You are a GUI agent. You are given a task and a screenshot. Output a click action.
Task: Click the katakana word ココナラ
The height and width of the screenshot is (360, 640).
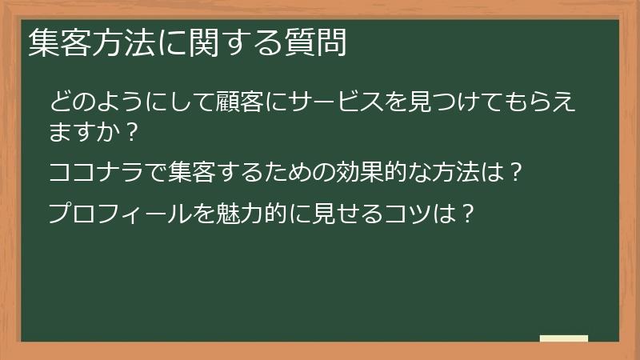tap(96, 170)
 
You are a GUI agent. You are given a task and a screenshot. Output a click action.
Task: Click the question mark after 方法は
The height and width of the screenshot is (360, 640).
tap(517, 170)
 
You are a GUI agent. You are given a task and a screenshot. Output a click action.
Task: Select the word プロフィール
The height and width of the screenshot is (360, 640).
tap(120, 214)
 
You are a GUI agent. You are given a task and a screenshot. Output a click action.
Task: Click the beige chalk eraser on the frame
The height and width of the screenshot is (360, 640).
tap(563, 338)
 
